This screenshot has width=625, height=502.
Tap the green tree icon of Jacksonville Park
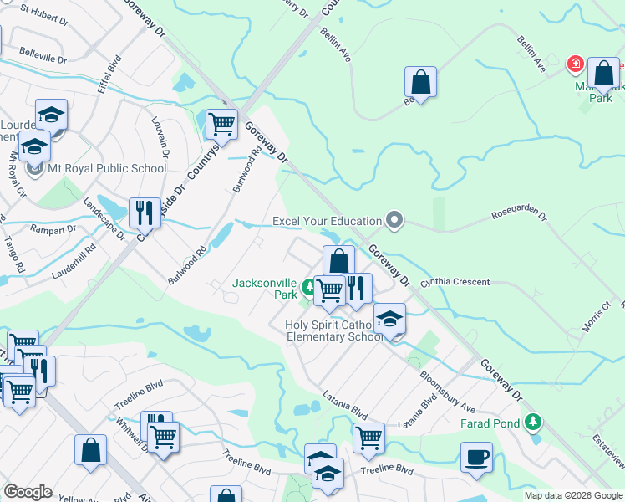pos(309,288)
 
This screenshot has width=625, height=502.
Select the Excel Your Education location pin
pos(395,221)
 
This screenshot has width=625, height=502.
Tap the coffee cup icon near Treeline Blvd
pos(476,458)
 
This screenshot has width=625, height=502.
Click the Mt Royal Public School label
pos(106,168)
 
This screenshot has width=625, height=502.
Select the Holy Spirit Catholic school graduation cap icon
pos(389,319)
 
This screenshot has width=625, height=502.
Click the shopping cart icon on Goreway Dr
pos(221,125)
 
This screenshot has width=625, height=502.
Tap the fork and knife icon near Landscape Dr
pos(145,213)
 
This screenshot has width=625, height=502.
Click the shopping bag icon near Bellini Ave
pos(420,82)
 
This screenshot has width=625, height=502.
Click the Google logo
pos(27,492)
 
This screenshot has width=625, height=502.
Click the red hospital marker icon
pos(575,64)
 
